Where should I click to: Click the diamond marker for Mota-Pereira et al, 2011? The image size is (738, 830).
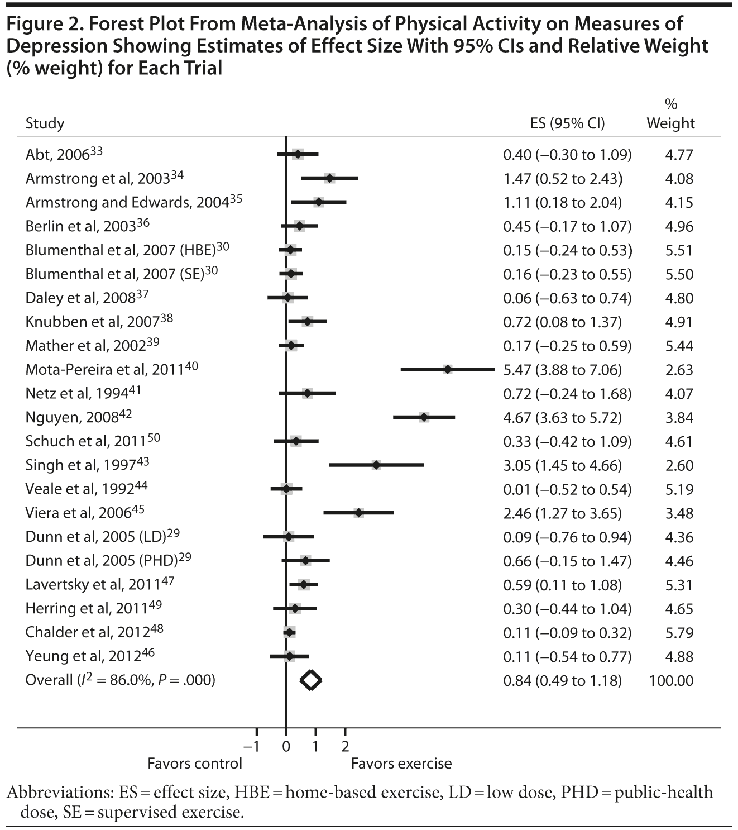(448, 369)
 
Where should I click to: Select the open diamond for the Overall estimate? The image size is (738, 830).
(311, 680)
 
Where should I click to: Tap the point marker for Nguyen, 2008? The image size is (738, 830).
(424, 417)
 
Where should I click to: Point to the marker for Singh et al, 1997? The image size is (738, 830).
(376, 465)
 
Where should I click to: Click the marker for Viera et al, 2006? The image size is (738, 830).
(359, 512)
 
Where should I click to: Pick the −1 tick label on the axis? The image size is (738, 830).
(253, 746)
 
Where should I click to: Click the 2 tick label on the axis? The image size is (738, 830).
(345, 746)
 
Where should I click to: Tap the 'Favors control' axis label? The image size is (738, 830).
(195, 764)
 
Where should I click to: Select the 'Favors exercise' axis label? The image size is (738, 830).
(401, 764)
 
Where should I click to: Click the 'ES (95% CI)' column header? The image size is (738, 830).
(567, 123)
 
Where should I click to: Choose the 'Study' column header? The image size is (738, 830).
(45, 123)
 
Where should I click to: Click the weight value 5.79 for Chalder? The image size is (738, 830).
(679, 633)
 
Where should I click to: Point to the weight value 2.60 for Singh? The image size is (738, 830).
(679, 465)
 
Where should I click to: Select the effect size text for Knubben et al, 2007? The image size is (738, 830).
(562, 322)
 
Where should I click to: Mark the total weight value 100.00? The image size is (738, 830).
(672, 681)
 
